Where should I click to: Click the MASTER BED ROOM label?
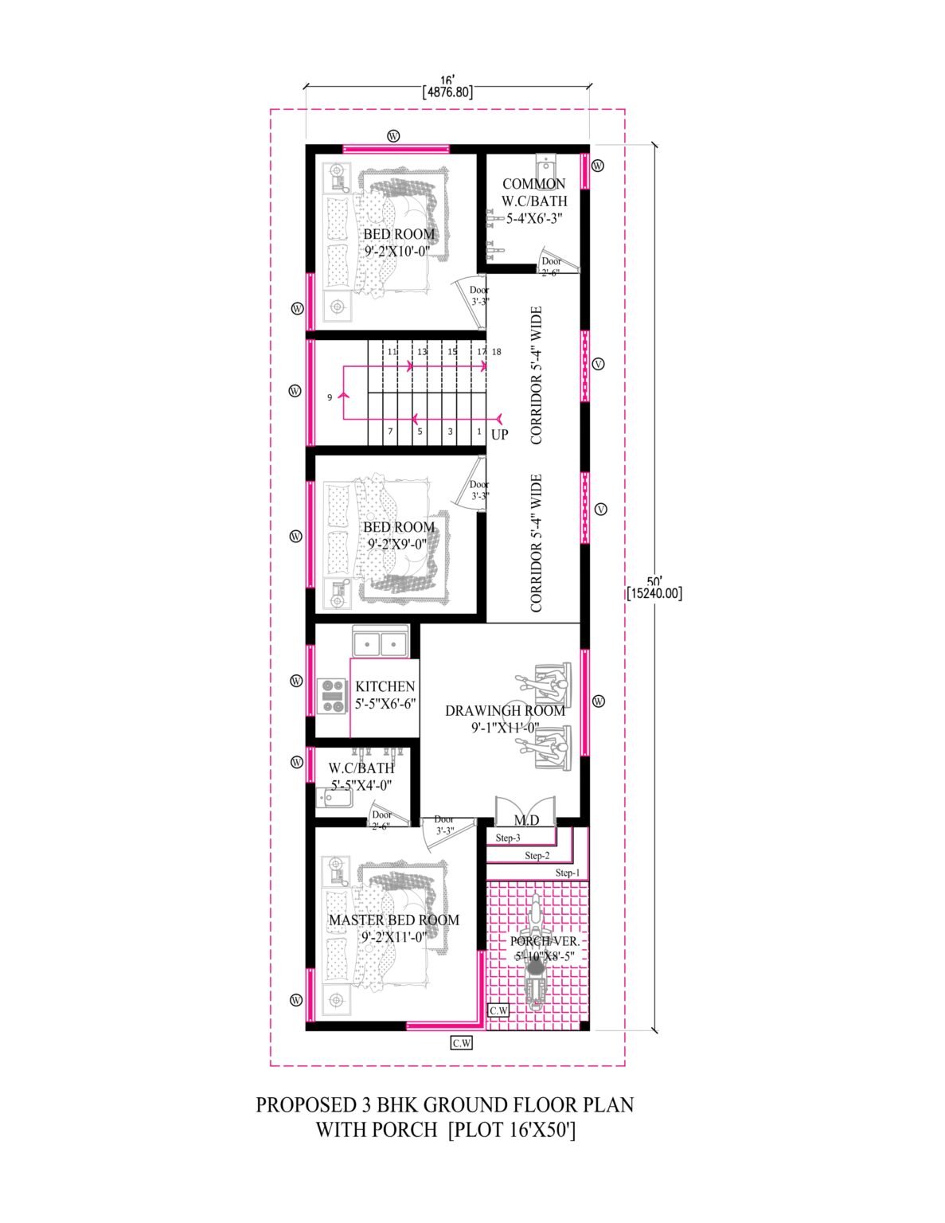point(394,920)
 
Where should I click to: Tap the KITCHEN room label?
point(385,686)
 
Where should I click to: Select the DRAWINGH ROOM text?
point(505,710)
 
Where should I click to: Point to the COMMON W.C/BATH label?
point(534,193)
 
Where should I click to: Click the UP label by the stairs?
point(499,435)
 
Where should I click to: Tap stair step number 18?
point(497,351)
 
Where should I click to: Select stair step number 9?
point(329,397)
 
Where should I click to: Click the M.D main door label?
point(526,820)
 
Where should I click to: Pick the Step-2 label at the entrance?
point(537,856)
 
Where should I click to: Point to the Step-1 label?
point(568,873)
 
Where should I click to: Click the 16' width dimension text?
point(447,80)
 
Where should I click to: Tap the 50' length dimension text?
point(655,580)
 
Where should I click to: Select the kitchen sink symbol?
point(381,641)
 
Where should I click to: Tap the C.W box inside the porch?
point(498,1010)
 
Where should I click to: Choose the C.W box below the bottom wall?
point(462,1043)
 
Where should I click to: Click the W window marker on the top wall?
point(393,135)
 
